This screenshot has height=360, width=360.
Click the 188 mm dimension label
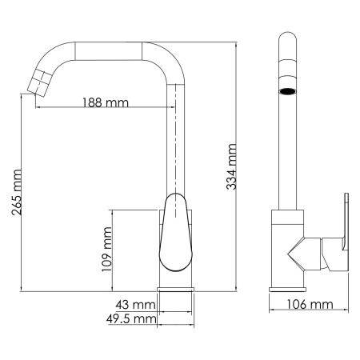pyautogui.click(x=106, y=102)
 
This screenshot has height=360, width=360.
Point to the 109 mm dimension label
pyautogui.click(x=106, y=250)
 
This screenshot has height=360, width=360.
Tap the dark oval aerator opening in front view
pyautogui.click(x=286, y=92)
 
